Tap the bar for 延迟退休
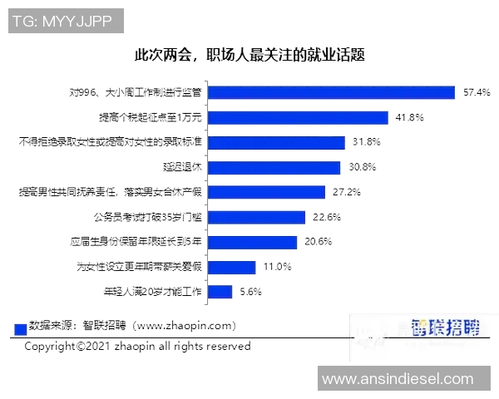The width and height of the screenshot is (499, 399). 274,167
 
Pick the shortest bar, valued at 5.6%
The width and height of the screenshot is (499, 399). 220,292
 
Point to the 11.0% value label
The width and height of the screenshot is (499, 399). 277,267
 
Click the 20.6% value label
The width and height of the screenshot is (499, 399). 319,242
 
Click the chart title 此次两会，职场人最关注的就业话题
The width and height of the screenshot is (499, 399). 249,56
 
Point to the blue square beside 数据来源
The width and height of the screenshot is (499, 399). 22,328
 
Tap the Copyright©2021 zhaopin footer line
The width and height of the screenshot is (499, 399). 137,346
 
